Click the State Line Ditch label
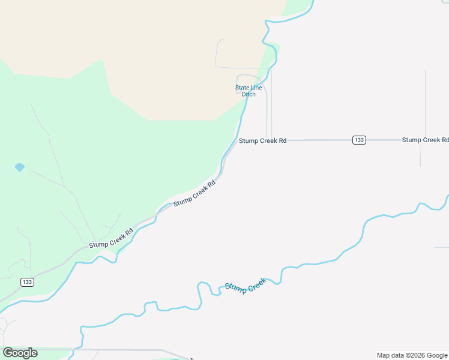[249, 91]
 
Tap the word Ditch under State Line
[249, 94]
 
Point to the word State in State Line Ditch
[242, 88]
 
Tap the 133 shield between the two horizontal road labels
[359, 140]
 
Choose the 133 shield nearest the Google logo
[26, 282]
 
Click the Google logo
[20, 353]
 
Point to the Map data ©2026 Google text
[412, 355]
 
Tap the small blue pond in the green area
[20, 167]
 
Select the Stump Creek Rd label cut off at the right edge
[425, 140]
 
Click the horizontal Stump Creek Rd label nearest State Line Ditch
[263, 140]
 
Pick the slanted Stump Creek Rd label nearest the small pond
[111, 238]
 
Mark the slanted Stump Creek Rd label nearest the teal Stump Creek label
[194, 194]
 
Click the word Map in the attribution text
[383, 355]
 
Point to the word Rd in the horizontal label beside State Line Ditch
[282, 140]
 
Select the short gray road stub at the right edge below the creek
[442, 247]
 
